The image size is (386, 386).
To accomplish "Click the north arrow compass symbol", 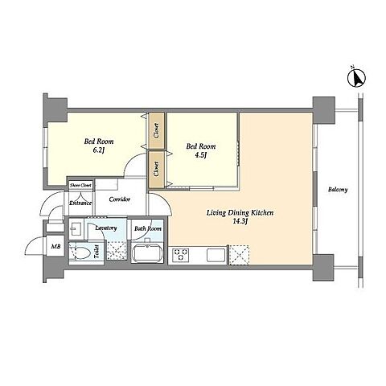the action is coord(356,77).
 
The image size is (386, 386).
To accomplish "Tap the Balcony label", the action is coord(338,190).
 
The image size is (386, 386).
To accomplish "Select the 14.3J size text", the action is coord(240,221).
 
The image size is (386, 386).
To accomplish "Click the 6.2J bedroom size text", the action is coord(98,150).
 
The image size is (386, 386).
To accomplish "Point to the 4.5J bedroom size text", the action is coord(201,155).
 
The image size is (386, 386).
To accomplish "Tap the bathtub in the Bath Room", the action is coord(147,253).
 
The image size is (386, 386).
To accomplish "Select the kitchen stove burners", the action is coord(181,254).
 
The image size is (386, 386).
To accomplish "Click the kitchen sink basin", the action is coord(216,255).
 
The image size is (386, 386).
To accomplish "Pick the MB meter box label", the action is coord(56,246).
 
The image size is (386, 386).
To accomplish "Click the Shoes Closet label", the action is coord(80,185).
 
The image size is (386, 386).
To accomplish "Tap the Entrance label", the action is coord(80,203).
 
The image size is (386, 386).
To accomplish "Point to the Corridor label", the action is coord(120,199).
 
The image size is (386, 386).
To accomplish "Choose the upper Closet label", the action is coord(157,130).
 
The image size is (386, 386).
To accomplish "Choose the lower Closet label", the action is coord(157,169).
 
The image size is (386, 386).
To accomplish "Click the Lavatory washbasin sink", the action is coord(76,228).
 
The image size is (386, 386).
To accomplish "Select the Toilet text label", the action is coord(96,252).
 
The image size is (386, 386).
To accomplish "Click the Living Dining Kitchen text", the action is coord(240,213).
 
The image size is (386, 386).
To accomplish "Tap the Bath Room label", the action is coord(148,228).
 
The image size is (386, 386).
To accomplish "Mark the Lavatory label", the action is coord(106,228).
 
